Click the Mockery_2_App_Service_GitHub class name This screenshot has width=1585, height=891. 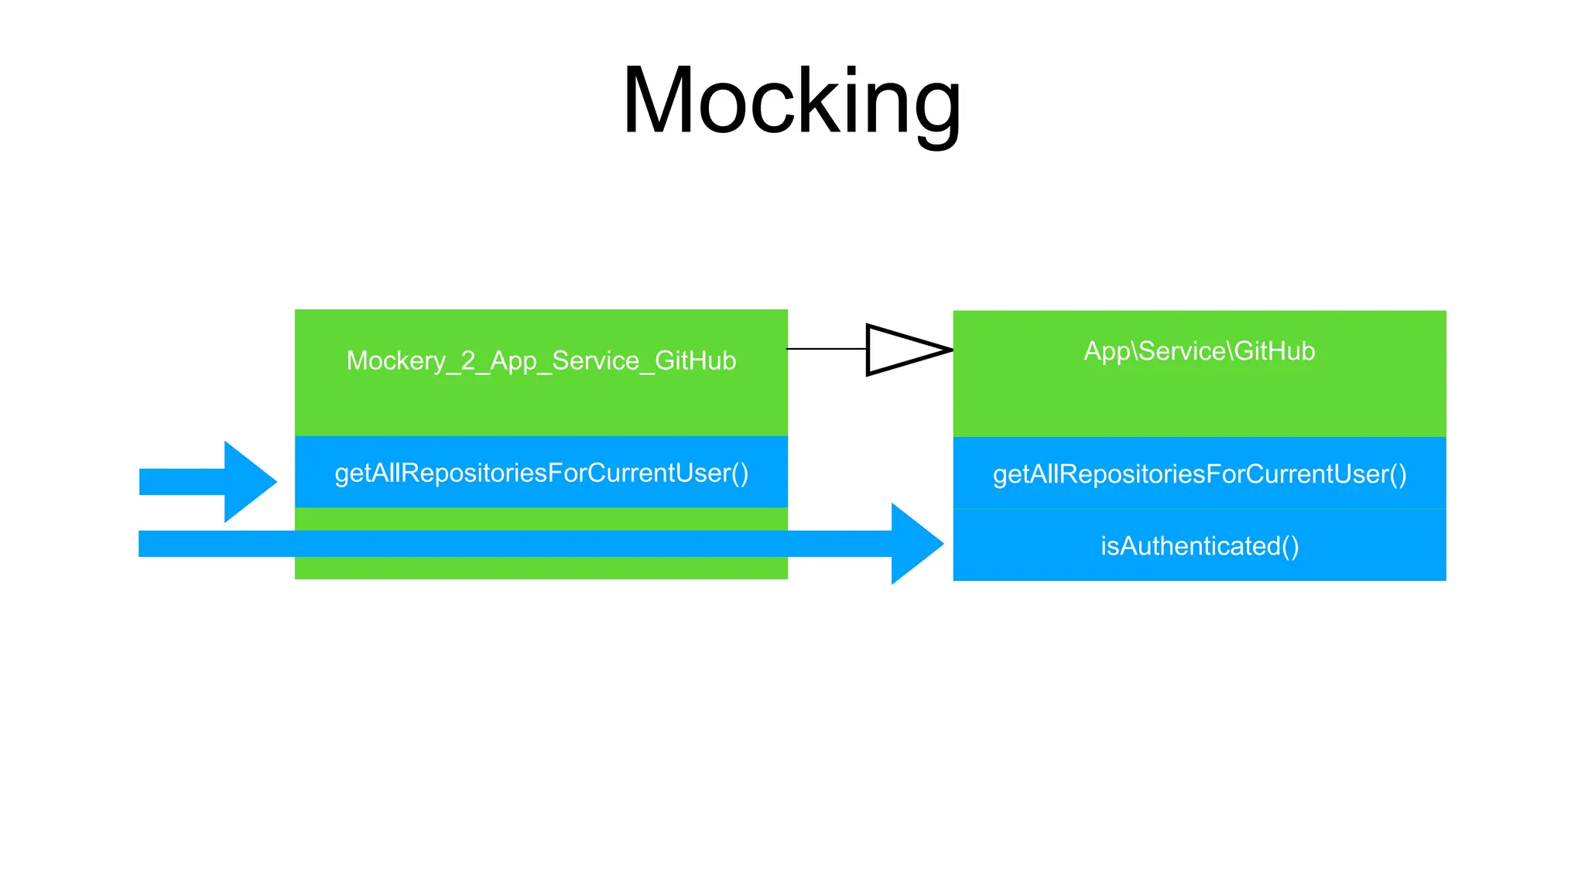coord(541,361)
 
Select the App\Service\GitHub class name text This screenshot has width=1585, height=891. coord(1199,351)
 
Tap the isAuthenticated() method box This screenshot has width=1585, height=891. coord(1199,546)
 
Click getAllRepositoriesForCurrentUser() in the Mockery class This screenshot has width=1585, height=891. coord(541,473)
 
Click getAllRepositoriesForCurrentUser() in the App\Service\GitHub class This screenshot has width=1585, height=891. coord(1199,474)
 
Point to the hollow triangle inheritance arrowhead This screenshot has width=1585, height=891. coord(902,350)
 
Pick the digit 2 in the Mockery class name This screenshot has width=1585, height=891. coord(468,361)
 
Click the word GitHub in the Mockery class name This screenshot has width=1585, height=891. coord(695,361)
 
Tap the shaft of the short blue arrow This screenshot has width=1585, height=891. coord(182,481)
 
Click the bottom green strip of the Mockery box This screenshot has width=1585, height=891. coord(541,568)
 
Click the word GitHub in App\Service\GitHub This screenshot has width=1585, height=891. coord(1274,351)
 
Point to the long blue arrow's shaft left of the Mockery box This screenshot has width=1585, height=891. coord(217,544)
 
